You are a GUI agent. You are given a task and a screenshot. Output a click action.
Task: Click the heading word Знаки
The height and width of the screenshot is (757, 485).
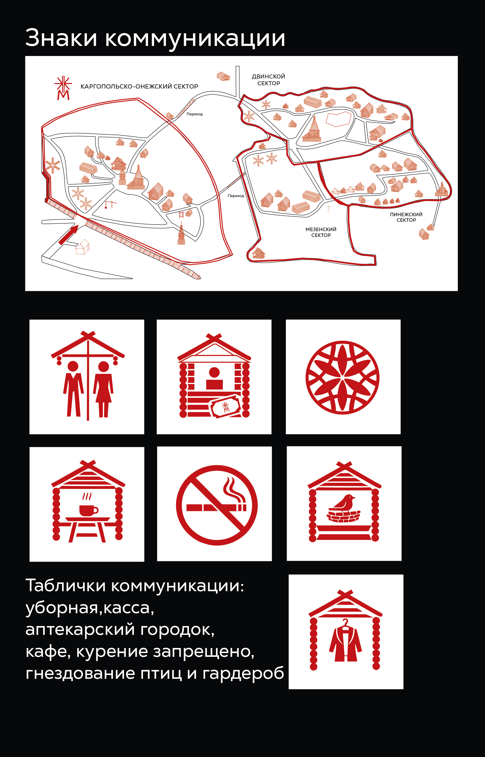coord(61,38)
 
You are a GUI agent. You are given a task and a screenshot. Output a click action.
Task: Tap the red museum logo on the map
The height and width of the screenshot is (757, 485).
coord(63,88)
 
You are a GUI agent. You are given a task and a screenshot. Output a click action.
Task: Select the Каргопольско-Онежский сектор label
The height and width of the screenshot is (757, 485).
coord(139,87)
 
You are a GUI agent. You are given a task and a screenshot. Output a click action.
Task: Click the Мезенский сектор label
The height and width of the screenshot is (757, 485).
coord(321,232)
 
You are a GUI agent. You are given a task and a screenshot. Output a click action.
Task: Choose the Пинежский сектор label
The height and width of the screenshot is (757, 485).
coord(406,217)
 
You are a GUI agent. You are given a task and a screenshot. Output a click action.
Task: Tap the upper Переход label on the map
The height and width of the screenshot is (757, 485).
coord(195,114)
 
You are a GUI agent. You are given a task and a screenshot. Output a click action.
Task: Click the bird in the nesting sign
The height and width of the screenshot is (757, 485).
coord(342,502)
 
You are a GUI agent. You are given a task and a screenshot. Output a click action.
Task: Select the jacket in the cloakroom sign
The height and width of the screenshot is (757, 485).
coord(346,643)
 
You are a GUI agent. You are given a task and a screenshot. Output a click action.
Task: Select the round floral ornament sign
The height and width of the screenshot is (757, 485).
coord(342,377)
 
